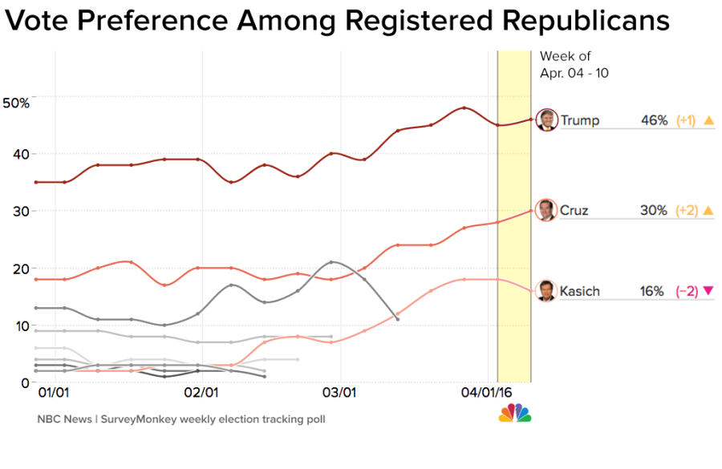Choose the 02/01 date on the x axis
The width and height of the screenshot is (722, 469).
point(201,394)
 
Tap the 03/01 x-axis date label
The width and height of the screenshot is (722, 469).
point(339,394)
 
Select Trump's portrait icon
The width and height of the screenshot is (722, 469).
point(546,119)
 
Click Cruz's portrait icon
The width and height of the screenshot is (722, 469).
point(546,210)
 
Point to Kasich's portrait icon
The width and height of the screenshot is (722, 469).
point(546,291)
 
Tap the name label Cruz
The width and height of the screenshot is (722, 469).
point(574,211)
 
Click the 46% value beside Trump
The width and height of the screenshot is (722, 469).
point(654,120)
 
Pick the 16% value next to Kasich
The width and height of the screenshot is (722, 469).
point(652,292)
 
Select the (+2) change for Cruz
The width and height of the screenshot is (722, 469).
point(685,211)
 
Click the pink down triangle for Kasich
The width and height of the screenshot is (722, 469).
point(708,291)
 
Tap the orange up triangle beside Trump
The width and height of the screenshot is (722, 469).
point(708,120)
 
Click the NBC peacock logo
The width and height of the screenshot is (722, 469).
point(515,413)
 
